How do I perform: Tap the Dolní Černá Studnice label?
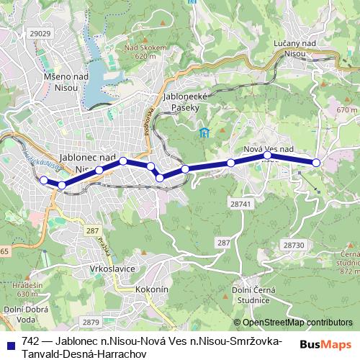251,294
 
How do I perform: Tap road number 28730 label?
294,246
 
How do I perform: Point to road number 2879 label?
91,322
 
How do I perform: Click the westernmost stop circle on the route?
44,180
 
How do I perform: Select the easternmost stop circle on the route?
315,163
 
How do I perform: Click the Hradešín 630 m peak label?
27,290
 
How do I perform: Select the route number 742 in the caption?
30,341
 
